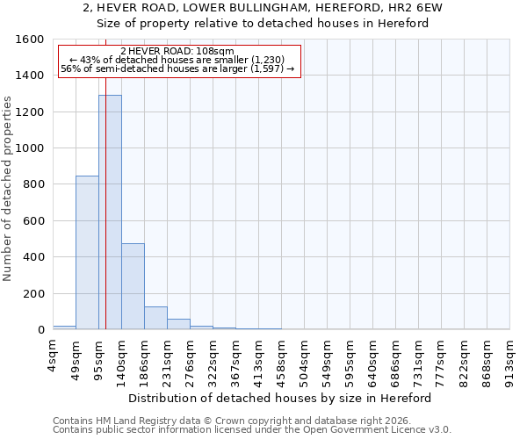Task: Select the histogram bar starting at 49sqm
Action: point(87,253)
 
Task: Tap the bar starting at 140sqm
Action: point(133,286)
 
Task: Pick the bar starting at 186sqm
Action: point(155,318)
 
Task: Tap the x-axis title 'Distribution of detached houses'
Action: point(281,398)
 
